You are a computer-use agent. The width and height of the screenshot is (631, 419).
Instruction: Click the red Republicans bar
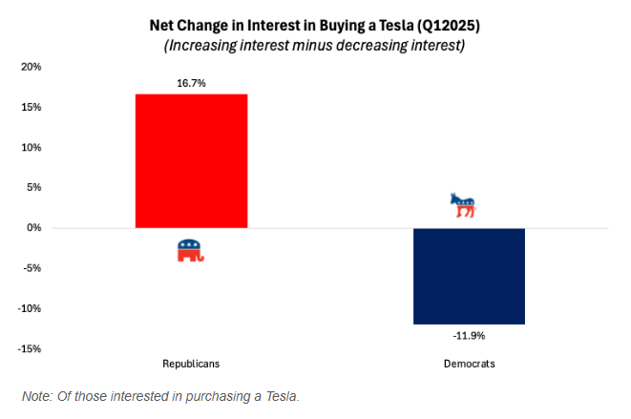click(191, 160)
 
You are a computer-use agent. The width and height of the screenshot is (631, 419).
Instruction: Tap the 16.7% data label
click(191, 84)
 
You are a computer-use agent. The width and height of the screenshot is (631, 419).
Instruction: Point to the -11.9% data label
click(470, 336)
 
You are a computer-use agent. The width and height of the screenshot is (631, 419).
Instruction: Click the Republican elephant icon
click(191, 251)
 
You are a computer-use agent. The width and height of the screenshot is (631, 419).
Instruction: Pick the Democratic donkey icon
click(462, 204)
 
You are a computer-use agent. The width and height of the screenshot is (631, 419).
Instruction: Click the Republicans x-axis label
click(191, 364)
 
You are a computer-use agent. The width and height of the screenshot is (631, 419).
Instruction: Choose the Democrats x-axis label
click(470, 364)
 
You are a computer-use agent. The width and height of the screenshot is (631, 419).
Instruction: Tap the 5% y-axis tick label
click(33, 188)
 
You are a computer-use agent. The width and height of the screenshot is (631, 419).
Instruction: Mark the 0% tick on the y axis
click(33, 228)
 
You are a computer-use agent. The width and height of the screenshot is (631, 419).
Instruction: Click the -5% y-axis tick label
click(32, 268)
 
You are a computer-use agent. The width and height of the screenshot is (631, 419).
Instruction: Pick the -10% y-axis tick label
click(30, 308)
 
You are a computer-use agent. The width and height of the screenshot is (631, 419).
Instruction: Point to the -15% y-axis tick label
click(30, 348)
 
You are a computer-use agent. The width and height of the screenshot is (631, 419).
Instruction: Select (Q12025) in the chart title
click(454, 24)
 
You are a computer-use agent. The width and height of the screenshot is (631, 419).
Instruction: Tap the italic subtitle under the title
click(315, 45)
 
